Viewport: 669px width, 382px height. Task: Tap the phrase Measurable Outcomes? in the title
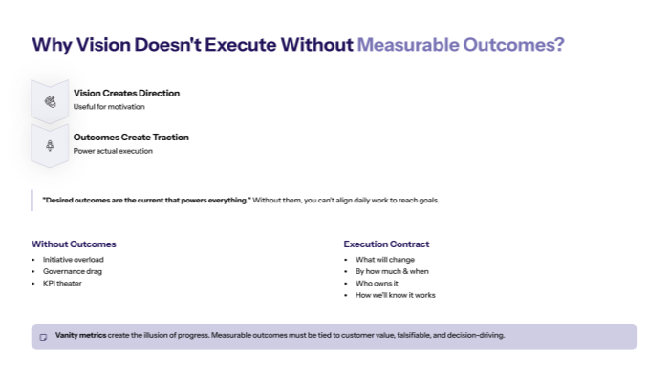tap(460, 45)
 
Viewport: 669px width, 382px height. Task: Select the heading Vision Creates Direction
tap(126, 93)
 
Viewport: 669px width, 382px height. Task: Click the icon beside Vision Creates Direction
tap(50, 101)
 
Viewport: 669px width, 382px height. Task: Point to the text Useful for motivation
tap(109, 106)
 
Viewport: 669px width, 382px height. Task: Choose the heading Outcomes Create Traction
tap(131, 137)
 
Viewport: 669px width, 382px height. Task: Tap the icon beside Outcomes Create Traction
tap(50, 145)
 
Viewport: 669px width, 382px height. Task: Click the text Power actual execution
tap(113, 151)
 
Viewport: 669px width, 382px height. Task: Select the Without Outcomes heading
tap(74, 244)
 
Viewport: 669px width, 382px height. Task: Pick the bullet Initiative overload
tap(74, 259)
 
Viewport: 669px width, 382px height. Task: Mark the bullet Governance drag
tap(72, 271)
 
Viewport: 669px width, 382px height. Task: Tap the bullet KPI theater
tap(62, 284)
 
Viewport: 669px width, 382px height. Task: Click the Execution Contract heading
tap(386, 244)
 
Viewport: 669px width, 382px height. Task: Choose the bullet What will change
tap(385, 259)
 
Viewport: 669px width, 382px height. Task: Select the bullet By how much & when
tap(392, 271)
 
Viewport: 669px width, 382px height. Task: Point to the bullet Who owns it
tap(377, 284)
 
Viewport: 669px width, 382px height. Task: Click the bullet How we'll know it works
tap(395, 296)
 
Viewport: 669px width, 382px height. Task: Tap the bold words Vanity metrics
tap(81, 336)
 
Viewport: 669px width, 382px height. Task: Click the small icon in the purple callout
tap(43, 337)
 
